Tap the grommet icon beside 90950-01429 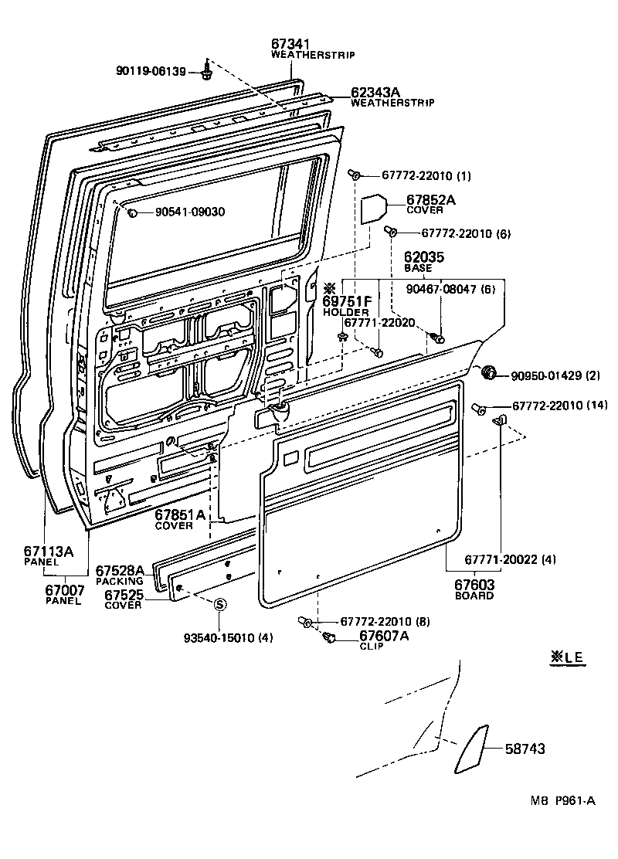coord(488,374)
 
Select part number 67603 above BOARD coord(474,586)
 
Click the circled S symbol coord(219,604)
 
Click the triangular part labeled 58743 coord(471,748)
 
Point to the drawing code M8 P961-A coord(562,801)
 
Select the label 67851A coord(180,515)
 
